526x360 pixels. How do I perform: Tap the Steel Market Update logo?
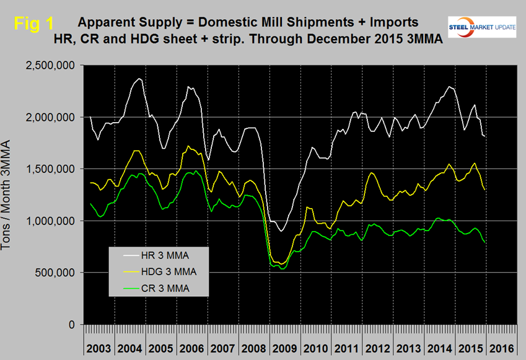[x=483, y=24]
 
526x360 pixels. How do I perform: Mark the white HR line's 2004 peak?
[x=139, y=79]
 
